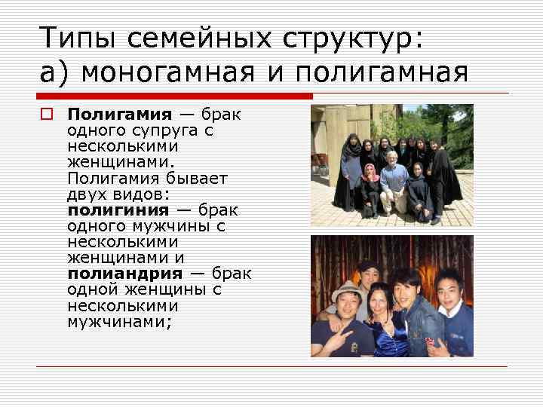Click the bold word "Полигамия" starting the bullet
pos(120,114)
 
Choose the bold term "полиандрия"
pos(124,273)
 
